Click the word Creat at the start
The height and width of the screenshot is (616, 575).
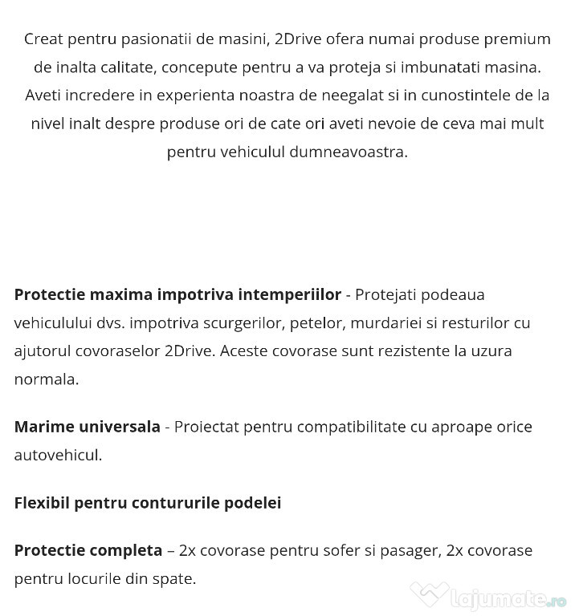coord(43,38)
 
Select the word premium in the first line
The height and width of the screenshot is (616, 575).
coord(521,38)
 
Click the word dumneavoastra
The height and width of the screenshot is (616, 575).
coord(348,152)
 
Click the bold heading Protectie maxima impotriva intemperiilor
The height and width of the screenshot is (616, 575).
coord(177,294)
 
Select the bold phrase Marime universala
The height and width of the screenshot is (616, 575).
coord(87,427)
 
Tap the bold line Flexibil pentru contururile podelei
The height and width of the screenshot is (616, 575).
coord(147,503)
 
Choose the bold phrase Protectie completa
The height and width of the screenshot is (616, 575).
coord(88,550)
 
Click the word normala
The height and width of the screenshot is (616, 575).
coord(46,379)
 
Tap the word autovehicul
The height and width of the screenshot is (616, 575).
coord(57,455)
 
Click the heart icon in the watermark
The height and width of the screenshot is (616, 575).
coord(429,595)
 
